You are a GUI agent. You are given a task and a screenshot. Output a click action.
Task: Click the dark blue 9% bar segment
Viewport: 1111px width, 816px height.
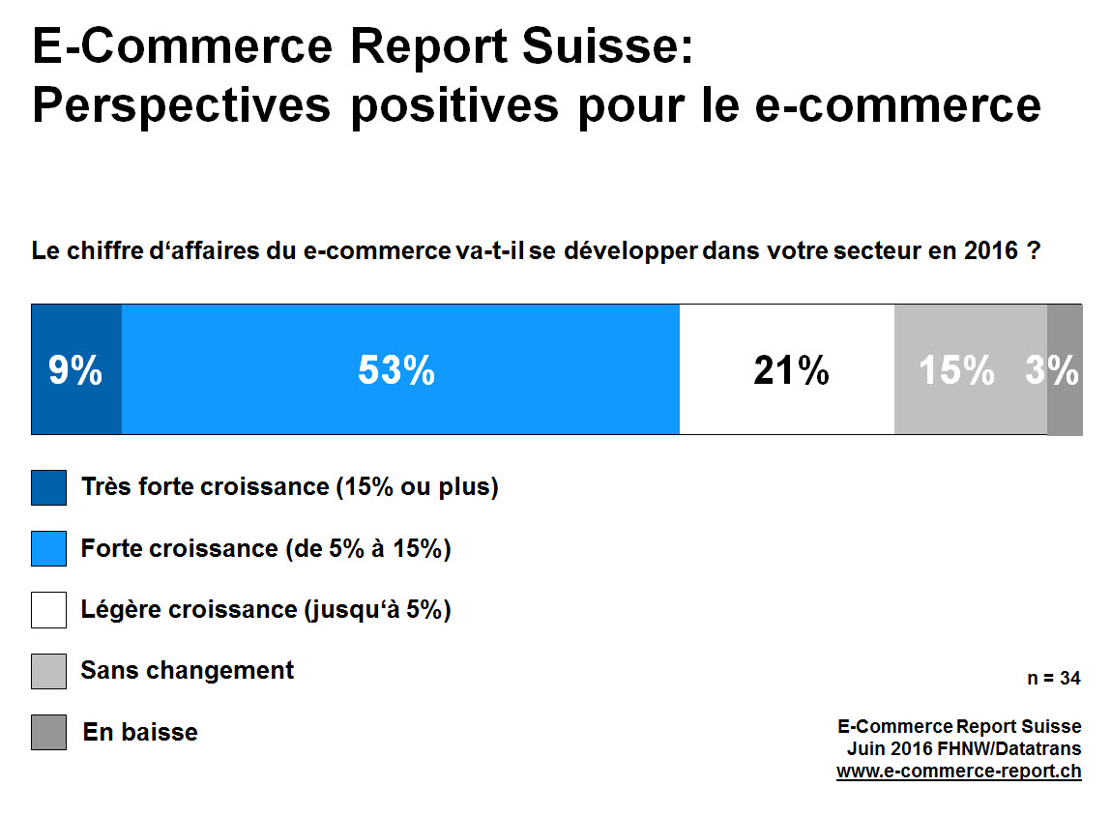coord(76,369)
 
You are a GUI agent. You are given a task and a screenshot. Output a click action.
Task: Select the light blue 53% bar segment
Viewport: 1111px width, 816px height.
coord(400,369)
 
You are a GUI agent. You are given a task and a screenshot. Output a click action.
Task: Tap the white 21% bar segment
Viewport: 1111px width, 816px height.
coord(787,369)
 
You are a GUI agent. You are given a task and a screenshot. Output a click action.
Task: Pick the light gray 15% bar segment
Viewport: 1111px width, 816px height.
coord(970,369)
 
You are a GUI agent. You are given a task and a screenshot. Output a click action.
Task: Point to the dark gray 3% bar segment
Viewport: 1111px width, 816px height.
coord(1065,369)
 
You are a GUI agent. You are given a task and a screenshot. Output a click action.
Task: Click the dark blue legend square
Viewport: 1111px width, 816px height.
coord(48,487)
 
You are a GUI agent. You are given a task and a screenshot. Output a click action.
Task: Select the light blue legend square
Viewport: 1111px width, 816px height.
coord(48,548)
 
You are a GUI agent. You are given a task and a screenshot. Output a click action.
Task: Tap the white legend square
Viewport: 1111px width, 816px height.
coord(48,610)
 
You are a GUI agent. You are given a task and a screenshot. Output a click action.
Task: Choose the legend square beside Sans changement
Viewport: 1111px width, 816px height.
coord(48,671)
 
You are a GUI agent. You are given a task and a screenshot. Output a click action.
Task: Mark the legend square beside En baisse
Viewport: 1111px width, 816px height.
coord(48,732)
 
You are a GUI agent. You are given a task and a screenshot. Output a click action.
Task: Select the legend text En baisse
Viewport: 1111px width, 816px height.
coord(140,732)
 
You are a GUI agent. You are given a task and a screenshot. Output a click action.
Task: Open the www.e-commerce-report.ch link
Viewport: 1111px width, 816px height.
coord(958,772)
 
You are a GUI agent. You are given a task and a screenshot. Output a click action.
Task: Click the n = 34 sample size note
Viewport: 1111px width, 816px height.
coord(1053,679)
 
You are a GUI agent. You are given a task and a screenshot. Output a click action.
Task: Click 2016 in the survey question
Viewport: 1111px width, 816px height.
coord(990,251)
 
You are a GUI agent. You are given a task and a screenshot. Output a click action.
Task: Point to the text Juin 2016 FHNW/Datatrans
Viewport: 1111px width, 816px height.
coord(964,748)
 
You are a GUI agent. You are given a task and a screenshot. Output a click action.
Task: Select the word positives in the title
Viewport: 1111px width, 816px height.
coord(454,104)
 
